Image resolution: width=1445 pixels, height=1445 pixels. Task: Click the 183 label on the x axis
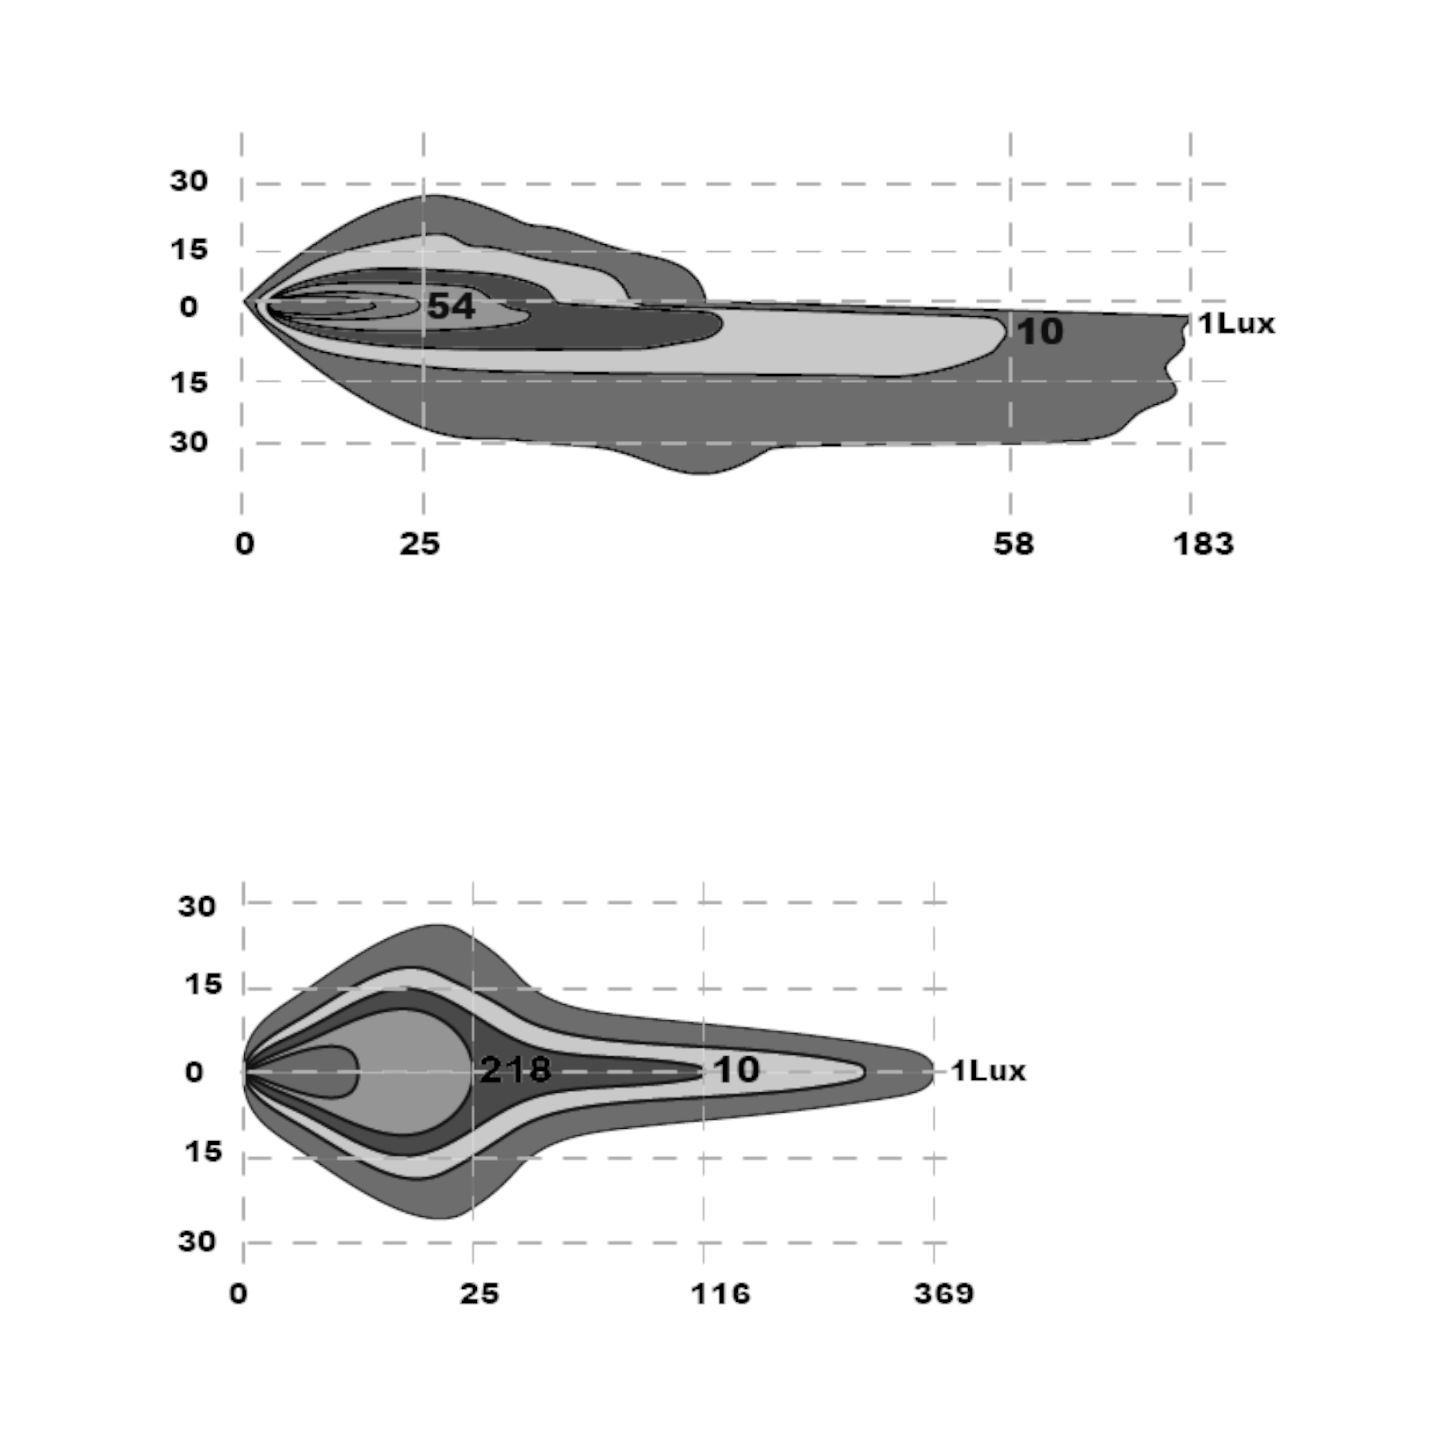(1204, 544)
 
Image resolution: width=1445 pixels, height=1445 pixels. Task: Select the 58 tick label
(1013, 544)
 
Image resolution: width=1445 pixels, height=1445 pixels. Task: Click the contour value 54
(451, 306)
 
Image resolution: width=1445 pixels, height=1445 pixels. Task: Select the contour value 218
(515, 1070)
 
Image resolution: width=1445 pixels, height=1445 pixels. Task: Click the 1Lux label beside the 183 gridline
(1236, 323)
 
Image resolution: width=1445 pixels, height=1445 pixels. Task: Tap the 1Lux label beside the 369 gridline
(988, 1071)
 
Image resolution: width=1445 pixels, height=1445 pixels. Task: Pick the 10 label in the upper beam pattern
(1039, 332)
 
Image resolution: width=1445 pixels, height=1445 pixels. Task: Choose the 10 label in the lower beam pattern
(737, 1070)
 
